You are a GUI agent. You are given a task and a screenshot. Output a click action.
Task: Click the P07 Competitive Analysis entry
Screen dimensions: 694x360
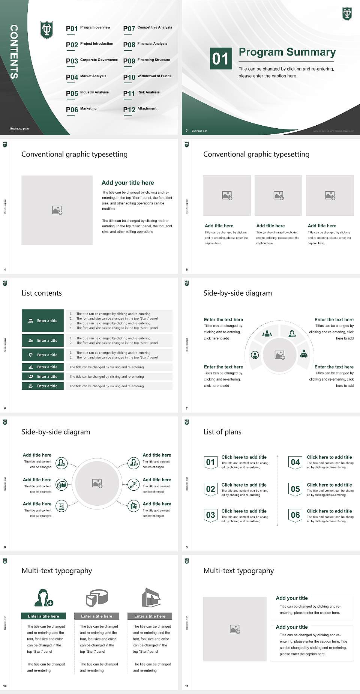tap(147, 28)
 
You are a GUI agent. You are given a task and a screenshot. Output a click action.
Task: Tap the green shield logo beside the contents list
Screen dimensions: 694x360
tap(47, 30)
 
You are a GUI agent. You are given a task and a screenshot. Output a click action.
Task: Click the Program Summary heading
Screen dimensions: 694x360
tap(287, 52)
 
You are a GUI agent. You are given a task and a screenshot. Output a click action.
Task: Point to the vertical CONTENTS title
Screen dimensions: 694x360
tap(14, 52)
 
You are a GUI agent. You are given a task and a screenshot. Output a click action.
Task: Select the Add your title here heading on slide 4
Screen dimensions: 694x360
tap(127, 183)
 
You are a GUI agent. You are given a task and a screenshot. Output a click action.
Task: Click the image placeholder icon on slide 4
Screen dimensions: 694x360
tap(57, 210)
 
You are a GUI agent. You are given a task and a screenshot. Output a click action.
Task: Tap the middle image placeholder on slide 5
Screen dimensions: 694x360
tap(278, 195)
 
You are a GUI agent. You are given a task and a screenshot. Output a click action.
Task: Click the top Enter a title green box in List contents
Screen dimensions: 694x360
tap(43, 321)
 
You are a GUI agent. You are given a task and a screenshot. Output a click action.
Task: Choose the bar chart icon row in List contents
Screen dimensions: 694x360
tap(43, 367)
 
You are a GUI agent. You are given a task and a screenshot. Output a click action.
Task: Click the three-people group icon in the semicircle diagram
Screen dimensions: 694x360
tap(267, 333)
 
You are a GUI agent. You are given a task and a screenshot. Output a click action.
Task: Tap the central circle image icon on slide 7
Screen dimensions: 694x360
tap(280, 355)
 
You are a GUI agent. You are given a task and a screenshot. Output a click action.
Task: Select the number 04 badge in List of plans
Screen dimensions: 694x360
tap(295, 463)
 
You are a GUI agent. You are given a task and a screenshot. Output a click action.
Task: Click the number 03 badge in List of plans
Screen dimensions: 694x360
tap(210, 515)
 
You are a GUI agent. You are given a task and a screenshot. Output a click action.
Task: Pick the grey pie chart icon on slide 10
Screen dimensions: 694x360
tap(97, 598)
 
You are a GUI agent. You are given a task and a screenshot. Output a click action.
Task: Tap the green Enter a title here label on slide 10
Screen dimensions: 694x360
tap(43, 616)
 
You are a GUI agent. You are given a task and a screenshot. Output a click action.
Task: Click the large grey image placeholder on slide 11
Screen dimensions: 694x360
tap(235, 629)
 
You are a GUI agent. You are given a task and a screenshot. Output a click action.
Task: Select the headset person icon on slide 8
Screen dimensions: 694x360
tap(133, 463)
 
